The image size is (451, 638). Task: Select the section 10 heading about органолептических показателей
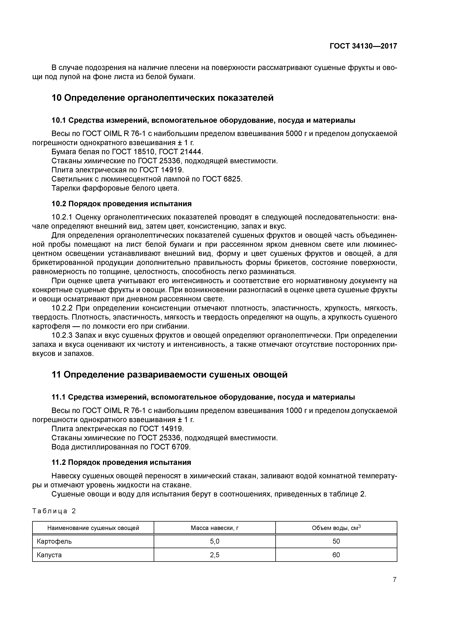[x=163, y=98]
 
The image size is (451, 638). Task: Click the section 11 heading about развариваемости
[x=169, y=375]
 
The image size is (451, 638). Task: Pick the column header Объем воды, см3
[x=336, y=528]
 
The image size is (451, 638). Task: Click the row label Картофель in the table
[x=54, y=541]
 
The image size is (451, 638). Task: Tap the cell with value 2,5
[x=215, y=555]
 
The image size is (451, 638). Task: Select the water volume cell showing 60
[x=336, y=555]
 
